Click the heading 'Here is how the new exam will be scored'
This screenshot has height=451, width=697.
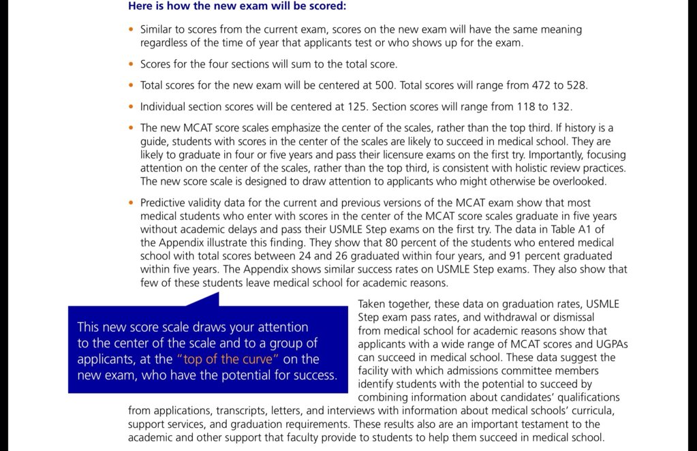click(237, 6)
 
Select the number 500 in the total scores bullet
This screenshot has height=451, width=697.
click(386, 86)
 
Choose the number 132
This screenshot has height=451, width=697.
click(561, 107)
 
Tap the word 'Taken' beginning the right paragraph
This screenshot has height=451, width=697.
click(373, 304)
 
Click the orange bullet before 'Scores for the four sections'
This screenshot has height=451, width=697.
click(131, 64)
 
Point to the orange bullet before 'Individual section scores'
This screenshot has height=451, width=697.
click(131, 107)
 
